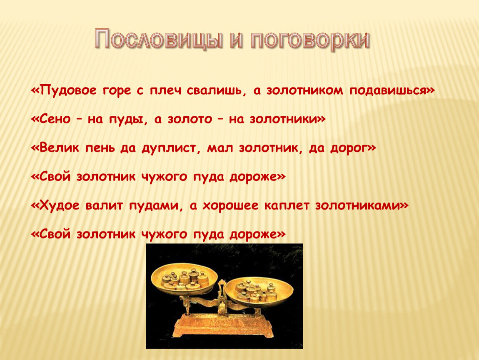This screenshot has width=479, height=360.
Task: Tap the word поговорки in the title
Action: click(310, 40)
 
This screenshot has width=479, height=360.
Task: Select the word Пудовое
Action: click(68, 90)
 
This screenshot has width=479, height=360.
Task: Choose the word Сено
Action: click(55, 119)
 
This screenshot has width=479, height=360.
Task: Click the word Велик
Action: click(59, 148)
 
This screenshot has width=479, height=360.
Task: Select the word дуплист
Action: click(169, 148)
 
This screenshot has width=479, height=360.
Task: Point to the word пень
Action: click(100, 148)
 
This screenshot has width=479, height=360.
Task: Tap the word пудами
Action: click(153, 206)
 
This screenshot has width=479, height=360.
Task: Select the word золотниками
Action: click(358, 205)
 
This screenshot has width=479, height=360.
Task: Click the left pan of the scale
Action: click(185, 280)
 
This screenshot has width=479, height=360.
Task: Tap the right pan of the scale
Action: click(259, 291)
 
